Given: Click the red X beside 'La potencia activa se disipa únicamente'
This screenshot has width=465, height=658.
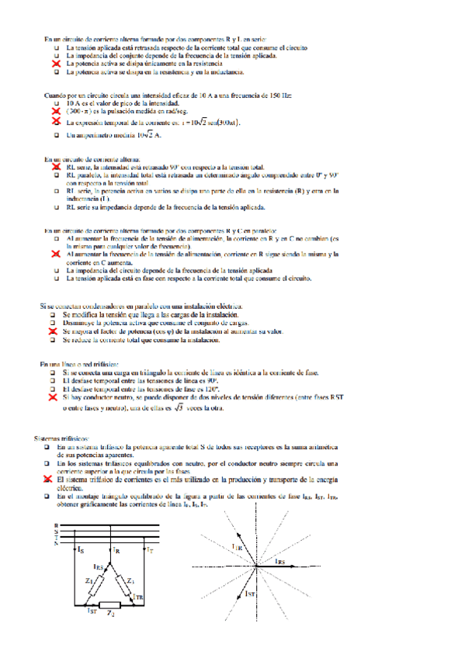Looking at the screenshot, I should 56,64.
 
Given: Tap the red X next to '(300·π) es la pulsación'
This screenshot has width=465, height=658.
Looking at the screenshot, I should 56,112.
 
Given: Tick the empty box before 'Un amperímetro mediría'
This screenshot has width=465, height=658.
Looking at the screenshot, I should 56,136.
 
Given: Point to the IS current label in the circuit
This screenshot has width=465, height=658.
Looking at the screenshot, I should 82,550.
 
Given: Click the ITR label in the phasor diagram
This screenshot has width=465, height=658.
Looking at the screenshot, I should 238,547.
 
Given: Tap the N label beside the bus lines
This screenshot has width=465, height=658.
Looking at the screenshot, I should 56,542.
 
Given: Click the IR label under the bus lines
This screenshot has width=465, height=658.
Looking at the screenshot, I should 115,550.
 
